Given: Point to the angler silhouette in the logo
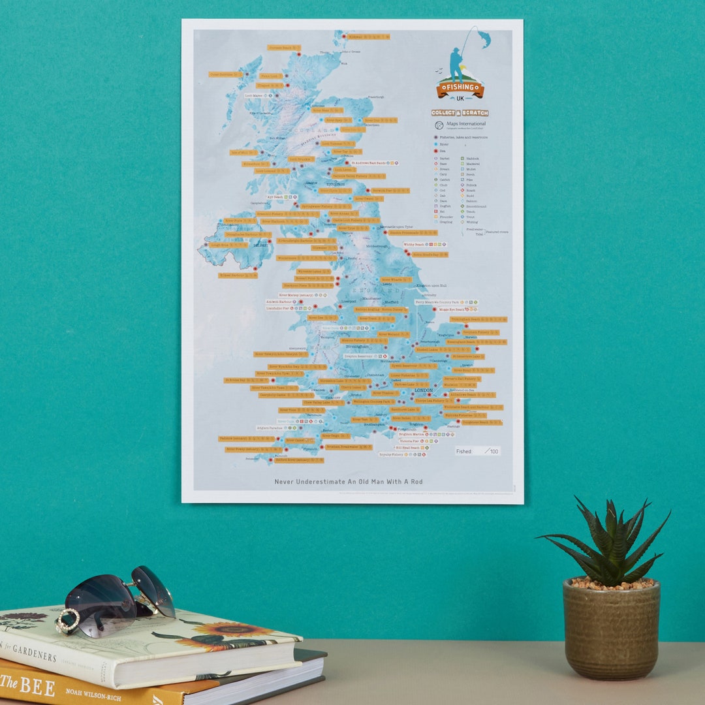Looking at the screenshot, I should [456, 64].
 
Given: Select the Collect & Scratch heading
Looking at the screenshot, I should [460, 113].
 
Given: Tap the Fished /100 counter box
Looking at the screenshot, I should [477, 451].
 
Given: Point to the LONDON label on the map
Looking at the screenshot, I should [424, 390].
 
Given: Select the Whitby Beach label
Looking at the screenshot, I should [414, 245].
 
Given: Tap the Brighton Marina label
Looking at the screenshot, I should [412, 433].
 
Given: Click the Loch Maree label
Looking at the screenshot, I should [253, 95].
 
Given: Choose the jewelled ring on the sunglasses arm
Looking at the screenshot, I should [67, 621].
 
